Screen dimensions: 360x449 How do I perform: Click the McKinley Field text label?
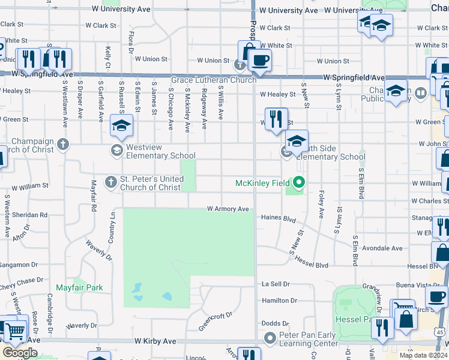click(x=262, y=183)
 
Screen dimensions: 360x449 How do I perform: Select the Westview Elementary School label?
click(x=161, y=151)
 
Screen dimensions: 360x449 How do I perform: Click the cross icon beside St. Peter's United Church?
click(x=110, y=181)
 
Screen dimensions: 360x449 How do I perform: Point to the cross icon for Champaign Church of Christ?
click(x=62, y=144)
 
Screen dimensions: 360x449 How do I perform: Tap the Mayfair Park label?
click(x=79, y=287)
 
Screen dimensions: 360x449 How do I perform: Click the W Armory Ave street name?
click(x=228, y=209)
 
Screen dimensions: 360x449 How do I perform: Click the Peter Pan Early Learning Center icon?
click(x=270, y=339)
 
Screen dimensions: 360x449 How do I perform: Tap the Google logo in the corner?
click(x=19, y=352)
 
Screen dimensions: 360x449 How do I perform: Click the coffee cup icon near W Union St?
click(x=259, y=60)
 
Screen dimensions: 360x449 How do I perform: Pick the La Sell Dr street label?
click(x=276, y=284)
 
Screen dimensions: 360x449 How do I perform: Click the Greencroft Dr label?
click(x=215, y=320)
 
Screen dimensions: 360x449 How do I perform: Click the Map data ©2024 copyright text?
click(x=424, y=355)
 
